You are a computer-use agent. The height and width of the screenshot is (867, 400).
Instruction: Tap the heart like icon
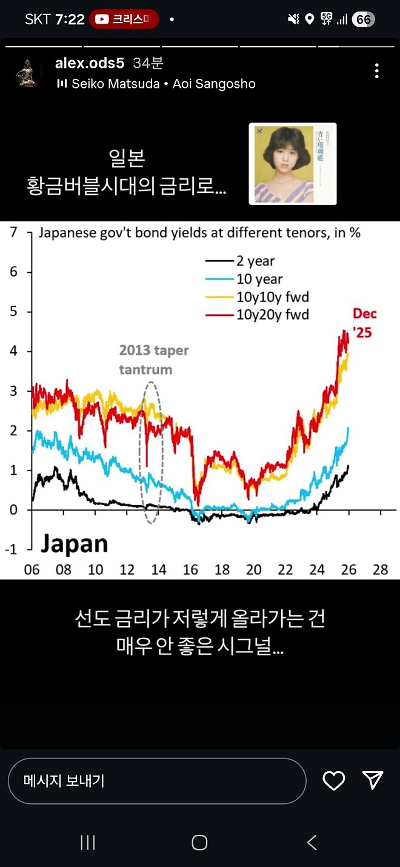[x=333, y=780]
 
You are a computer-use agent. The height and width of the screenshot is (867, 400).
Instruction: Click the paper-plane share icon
[x=372, y=780]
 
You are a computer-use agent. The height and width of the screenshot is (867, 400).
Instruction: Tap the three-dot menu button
[x=376, y=71]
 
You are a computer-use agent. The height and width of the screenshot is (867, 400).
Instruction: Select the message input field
[x=156, y=781]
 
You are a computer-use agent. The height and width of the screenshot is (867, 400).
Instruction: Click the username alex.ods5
[x=90, y=63]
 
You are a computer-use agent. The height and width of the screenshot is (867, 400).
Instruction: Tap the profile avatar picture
[x=28, y=73]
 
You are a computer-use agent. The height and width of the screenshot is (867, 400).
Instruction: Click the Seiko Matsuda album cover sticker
[x=293, y=164]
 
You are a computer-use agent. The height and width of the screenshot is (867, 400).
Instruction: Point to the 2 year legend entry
[x=239, y=261]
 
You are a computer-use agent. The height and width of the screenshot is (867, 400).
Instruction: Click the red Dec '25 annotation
[x=364, y=323]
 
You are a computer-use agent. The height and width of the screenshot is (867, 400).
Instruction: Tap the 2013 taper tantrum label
[x=154, y=360]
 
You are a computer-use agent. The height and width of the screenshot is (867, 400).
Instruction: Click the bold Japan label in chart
[x=74, y=544]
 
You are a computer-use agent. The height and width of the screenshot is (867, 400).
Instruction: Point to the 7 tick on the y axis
[x=13, y=233]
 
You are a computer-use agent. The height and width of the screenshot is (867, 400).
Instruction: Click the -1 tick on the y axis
[x=12, y=549]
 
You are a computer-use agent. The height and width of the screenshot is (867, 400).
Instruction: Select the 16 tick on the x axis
[x=190, y=570]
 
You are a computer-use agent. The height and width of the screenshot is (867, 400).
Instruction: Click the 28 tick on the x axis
[x=380, y=570]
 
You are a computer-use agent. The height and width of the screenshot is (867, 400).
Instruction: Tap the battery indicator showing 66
[x=363, y=19]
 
